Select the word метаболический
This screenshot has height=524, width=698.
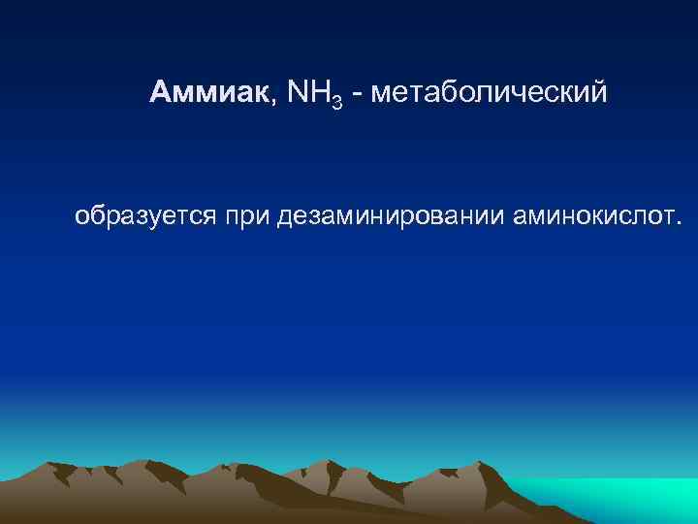click(x=489, y=94)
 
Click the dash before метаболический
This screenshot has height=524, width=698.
click(x=358, y=95)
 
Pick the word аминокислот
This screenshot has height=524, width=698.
click(x=590, y=214)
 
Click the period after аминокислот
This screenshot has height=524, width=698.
click(x=679, y=222)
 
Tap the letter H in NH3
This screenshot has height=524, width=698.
click(x=320, y=93)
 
